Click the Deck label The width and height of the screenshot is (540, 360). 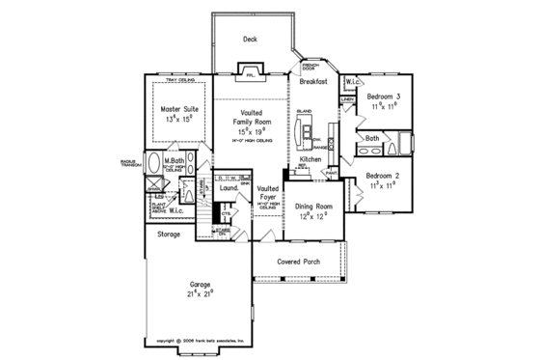click(x=250, y=40)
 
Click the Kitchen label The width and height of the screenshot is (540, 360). click(x=310, y=158)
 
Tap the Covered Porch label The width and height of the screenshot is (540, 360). click(x=299, y=262)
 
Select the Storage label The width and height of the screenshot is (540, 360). click(x=169, y=234)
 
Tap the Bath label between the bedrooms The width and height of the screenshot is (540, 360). click(x=372, y=139)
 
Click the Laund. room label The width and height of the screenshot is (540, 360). click(x=229, y=190)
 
